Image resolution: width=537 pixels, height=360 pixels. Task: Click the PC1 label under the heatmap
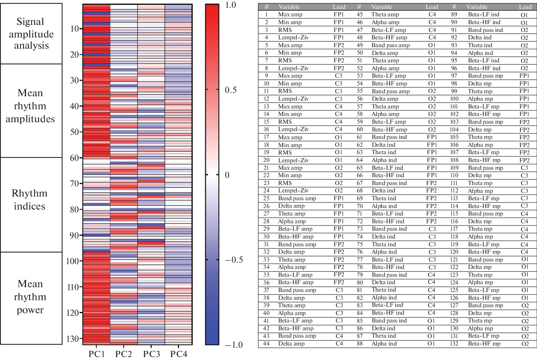(97, 354)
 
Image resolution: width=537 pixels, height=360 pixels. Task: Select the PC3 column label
(152, 354)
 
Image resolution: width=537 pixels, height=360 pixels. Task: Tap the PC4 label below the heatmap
(179, 354)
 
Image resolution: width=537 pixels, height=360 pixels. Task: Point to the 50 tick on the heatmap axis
(76, 132)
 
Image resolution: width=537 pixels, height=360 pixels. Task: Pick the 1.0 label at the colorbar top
(230, 5)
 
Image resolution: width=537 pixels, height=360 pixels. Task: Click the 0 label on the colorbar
(227, 175)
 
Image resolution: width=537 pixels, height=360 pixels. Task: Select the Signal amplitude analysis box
(31, 34)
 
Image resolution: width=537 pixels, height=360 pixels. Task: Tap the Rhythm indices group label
(30, 200)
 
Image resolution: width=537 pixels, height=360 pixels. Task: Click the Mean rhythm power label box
(30, 297)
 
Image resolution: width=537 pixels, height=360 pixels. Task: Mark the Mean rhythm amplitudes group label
(30, 106)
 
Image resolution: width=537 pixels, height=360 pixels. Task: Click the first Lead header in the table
(339, 7)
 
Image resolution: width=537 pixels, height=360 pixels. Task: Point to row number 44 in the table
(266, 344)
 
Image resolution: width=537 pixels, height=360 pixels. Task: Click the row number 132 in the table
(454, 344)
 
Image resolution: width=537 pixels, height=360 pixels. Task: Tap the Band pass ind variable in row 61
(389, 137)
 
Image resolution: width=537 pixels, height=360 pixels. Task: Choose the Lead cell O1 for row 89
(524, 14)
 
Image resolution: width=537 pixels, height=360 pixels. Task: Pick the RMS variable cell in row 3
(285, 30)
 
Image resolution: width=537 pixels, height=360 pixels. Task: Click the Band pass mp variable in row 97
(485, 76)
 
